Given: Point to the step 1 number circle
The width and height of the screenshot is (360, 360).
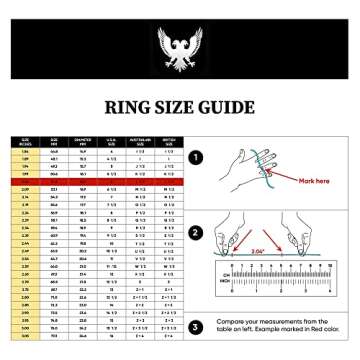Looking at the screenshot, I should point(196,157).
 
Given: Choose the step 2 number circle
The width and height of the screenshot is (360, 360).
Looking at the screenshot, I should point(196,234).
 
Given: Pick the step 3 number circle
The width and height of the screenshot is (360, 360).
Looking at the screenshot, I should point(196,326).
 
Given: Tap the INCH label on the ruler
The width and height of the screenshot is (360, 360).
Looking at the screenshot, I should point(227,283).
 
